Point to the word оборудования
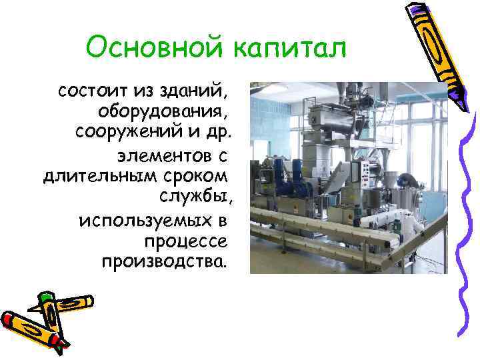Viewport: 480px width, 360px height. pos(163,108)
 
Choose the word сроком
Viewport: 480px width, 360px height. pos(195,177)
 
